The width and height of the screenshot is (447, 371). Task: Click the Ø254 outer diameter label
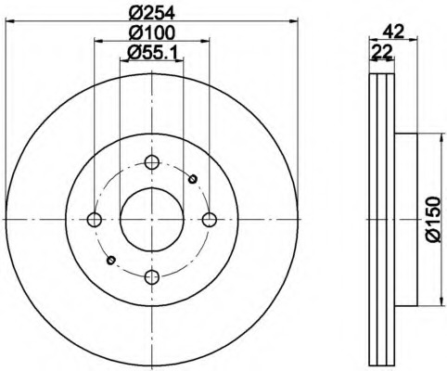click(151, 13)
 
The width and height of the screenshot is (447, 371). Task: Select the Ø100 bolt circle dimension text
click(151, 32)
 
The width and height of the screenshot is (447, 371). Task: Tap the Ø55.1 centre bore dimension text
click(151, 53)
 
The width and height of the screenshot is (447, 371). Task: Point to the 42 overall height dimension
click(393, 32)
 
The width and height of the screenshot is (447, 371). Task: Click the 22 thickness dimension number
click(382, 52)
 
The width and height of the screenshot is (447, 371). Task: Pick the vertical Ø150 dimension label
click(432, 219)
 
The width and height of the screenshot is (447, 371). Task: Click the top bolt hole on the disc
click(152, 162)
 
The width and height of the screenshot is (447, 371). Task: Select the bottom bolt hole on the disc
click(152, 276)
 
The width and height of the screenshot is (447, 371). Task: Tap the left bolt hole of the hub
click(95, 220)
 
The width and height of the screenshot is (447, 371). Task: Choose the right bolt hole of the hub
click(210, 220)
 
